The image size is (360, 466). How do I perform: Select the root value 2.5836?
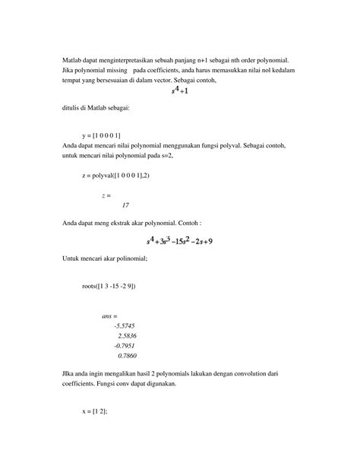click(126, 335)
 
